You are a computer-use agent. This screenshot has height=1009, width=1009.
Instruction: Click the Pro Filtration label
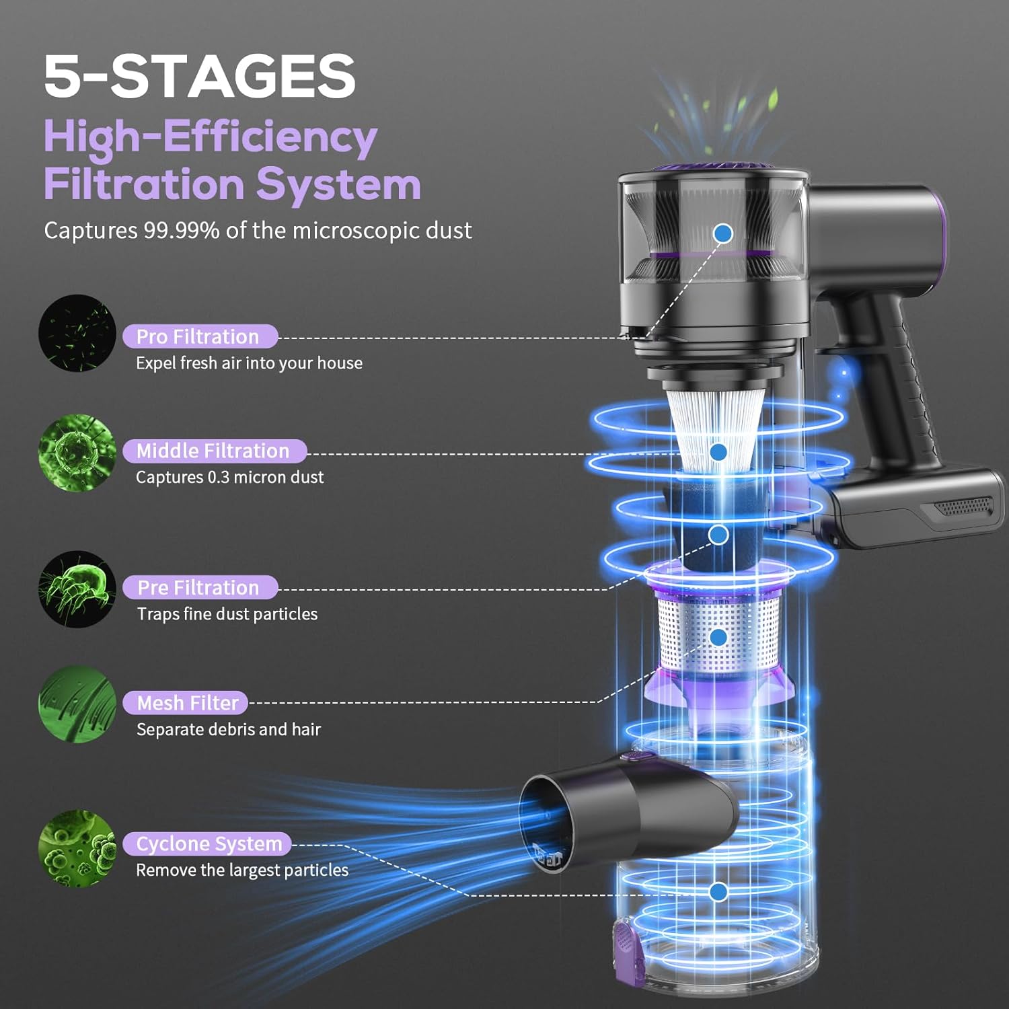200,336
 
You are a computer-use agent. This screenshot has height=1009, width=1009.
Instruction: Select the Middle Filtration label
214,451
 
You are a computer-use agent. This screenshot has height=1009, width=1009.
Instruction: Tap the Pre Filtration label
200,587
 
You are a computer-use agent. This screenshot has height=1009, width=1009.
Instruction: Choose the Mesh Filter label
185,703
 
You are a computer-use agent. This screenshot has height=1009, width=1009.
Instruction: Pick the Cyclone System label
207,844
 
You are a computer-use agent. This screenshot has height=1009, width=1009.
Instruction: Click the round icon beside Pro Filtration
77,333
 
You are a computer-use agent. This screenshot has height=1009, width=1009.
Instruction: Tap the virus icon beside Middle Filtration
77,453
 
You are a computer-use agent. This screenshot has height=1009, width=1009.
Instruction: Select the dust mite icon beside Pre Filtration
77,589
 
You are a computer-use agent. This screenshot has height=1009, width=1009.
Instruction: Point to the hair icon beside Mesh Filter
77,704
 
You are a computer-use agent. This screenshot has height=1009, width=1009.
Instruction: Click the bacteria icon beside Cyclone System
77,848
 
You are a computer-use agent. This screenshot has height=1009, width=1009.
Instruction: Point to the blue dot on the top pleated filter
723,233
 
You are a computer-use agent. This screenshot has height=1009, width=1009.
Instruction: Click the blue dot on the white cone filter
718,452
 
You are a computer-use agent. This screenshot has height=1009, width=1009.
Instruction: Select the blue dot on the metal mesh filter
718,637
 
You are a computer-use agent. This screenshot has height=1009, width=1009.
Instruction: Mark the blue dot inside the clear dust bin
718,892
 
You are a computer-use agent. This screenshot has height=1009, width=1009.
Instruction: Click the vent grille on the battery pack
965,507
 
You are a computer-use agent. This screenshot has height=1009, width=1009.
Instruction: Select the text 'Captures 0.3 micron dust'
230,478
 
